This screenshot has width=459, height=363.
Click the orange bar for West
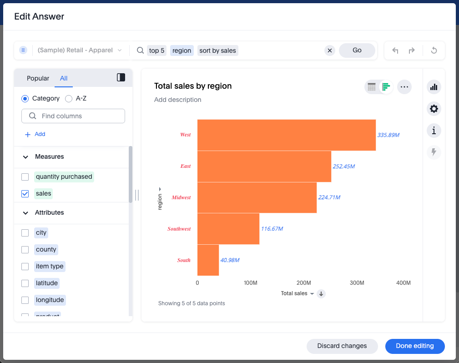[286, 135]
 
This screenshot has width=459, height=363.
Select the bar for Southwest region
[228, 229]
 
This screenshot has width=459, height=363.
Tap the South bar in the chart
[208, 260]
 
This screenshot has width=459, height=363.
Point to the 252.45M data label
[343, 166]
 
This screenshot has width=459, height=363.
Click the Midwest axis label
[181, 197]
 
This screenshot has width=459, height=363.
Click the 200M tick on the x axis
[303, 283]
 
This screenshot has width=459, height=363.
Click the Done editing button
[414, 346]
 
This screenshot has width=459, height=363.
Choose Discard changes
[342, 346]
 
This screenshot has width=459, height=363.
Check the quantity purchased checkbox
[25, 177]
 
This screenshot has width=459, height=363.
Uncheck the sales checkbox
[25, 194]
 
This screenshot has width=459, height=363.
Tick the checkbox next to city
[25, 233]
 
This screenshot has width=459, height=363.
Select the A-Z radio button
[69, 99]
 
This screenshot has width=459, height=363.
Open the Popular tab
[38, 78]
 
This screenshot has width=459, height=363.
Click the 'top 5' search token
[156, 50]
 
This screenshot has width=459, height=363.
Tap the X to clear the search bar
[330, 50]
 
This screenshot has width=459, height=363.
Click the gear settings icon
[434, 109]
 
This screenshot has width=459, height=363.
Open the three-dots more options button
[404, 86]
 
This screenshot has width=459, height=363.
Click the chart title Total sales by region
[193, 86]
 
